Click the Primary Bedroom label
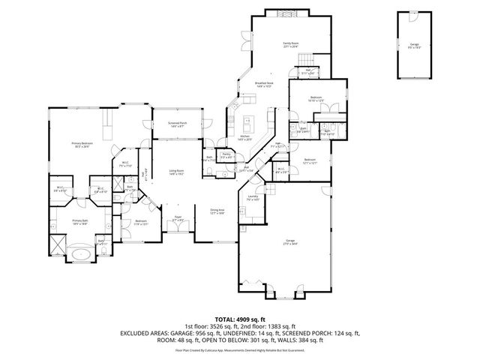(x=81, y=145)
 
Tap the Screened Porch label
(x=178, y=124)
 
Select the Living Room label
(x=176, y=172)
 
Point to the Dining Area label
(x=217, y=211)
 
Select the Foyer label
(x=178, y=219)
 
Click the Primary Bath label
(x=80, y=221)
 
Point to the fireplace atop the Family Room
(x=283, y=15)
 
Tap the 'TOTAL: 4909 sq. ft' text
(x=239, y=318)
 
